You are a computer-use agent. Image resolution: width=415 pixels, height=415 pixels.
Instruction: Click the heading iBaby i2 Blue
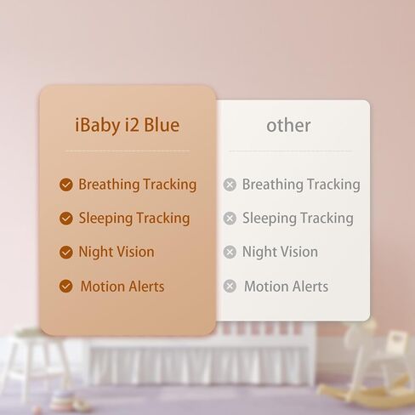(x=128, y=126)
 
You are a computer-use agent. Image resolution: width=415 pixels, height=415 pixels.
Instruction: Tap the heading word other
(x=288, y=126)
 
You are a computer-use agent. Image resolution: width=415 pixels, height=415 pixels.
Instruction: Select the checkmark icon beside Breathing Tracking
(x=65, y=185)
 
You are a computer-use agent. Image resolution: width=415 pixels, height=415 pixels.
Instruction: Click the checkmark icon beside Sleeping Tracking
(x=65, y=219)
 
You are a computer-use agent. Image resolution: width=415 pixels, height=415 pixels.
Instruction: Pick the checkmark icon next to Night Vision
(x=65, y=253)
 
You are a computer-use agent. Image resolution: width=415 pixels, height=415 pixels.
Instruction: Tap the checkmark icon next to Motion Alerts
(x=65, y=287)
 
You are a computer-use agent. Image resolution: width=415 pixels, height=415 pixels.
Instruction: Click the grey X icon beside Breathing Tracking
(x=230, y=185)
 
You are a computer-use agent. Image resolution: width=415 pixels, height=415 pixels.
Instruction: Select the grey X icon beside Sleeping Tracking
(x=230, y=219)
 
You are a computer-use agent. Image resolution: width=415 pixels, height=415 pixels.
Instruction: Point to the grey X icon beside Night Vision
(x=230, y=253)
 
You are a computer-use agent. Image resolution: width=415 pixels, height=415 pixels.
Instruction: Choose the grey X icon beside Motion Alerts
(x=230, y=287)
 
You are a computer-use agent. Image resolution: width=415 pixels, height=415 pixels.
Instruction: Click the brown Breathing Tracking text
(x=137, y=185)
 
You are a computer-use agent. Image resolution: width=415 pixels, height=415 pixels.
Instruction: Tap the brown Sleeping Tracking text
(x=134, y=219)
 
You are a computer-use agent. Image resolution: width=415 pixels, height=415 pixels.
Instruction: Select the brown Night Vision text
(x=117, y=253)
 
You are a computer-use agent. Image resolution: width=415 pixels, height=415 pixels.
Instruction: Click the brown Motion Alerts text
(x=122, y=287)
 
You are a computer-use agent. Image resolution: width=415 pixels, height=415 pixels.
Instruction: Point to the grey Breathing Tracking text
(x=301, y=185)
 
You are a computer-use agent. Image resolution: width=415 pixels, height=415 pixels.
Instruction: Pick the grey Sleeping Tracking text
(x=298, y=219)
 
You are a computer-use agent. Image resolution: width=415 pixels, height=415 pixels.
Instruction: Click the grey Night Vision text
(x=280, y=253)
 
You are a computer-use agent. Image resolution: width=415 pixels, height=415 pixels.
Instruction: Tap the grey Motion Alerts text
(x=286, y=287)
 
